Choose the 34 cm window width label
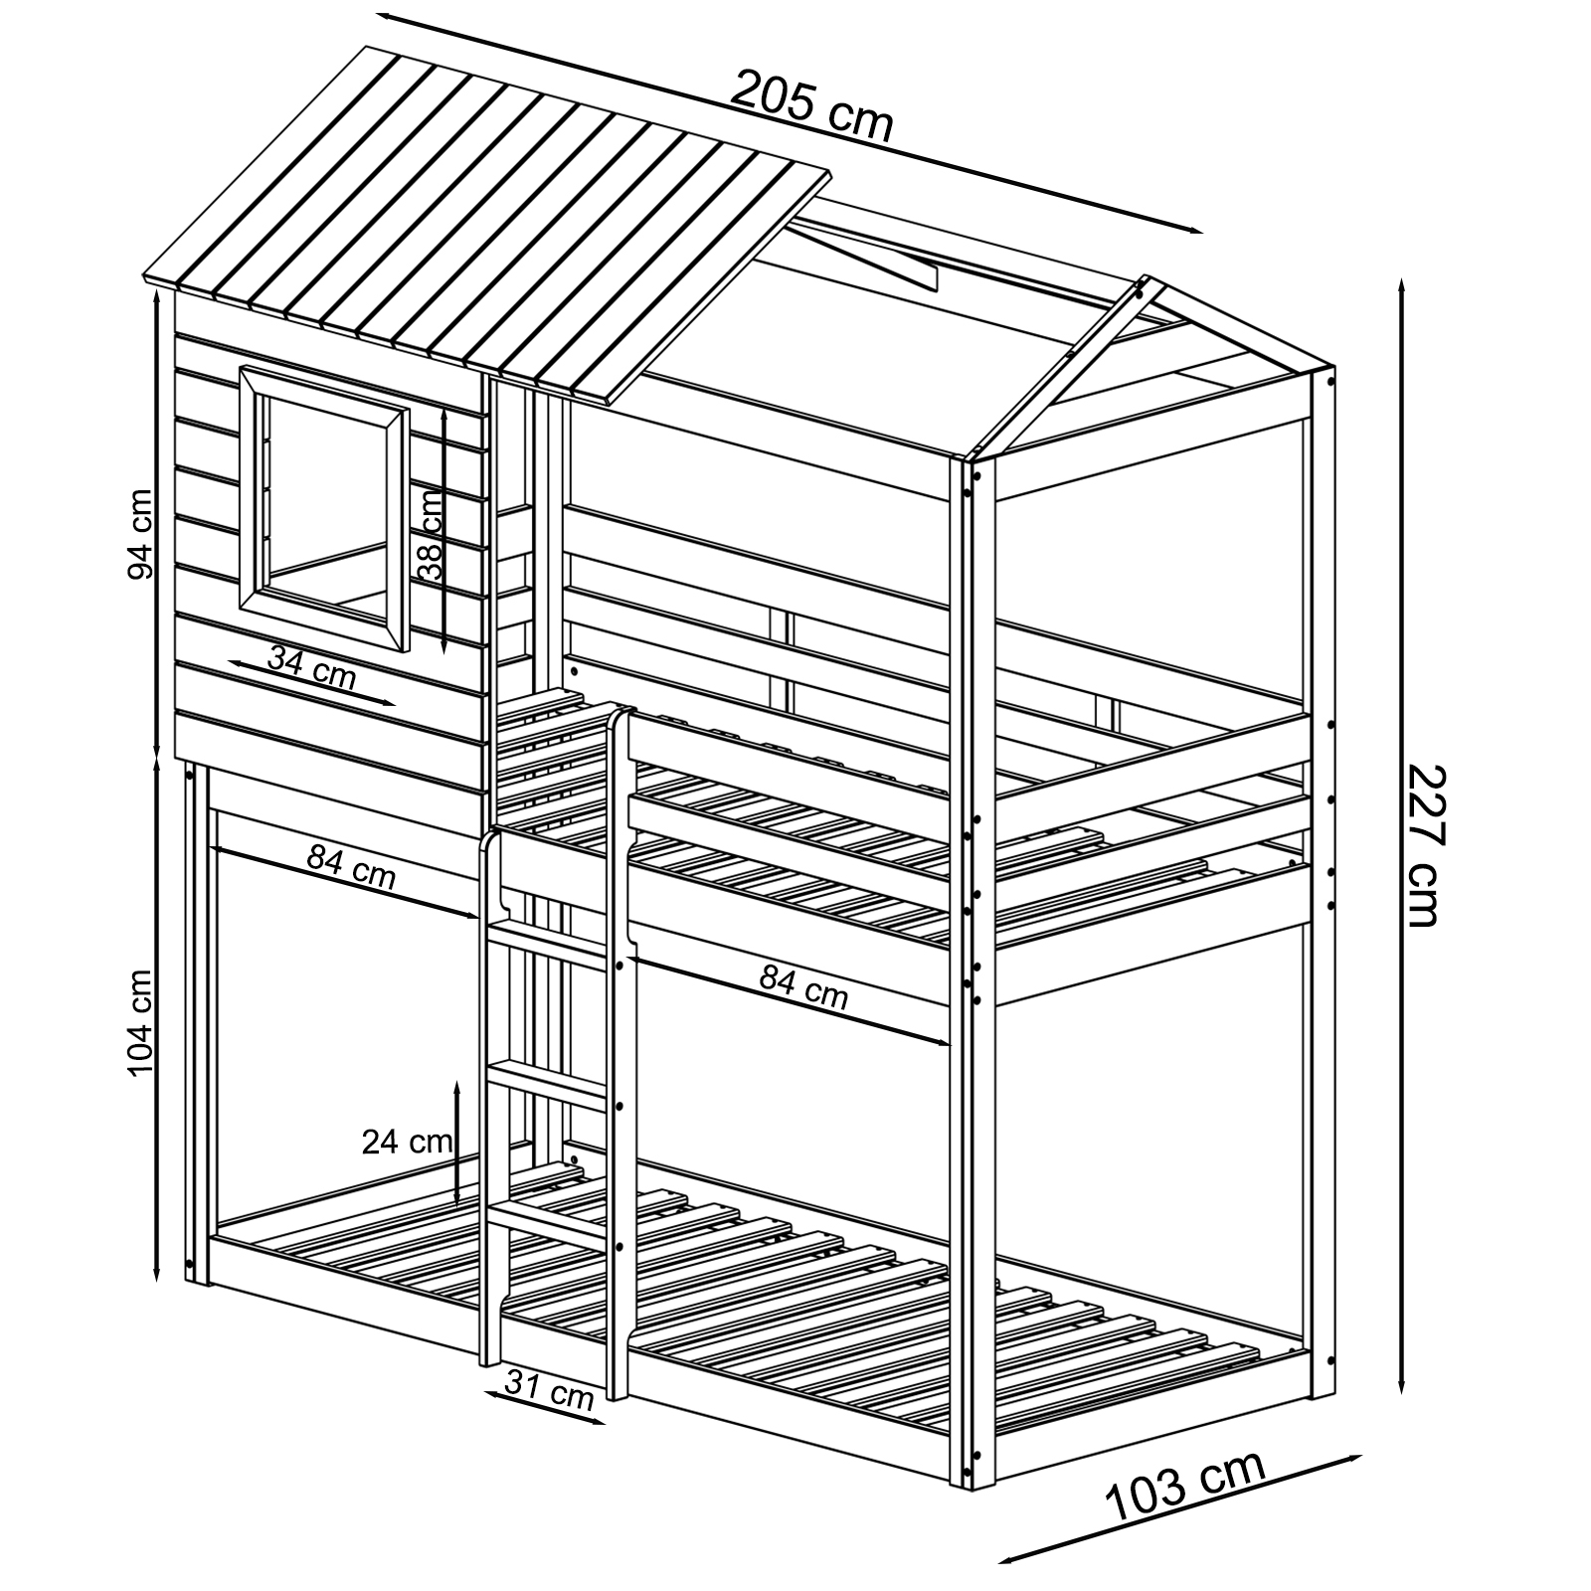click(311, 666)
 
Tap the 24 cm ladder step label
click(409, 1142)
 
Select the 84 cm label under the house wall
click(351, 865)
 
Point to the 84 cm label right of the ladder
click(803, 986)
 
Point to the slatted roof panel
click(487, 224)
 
